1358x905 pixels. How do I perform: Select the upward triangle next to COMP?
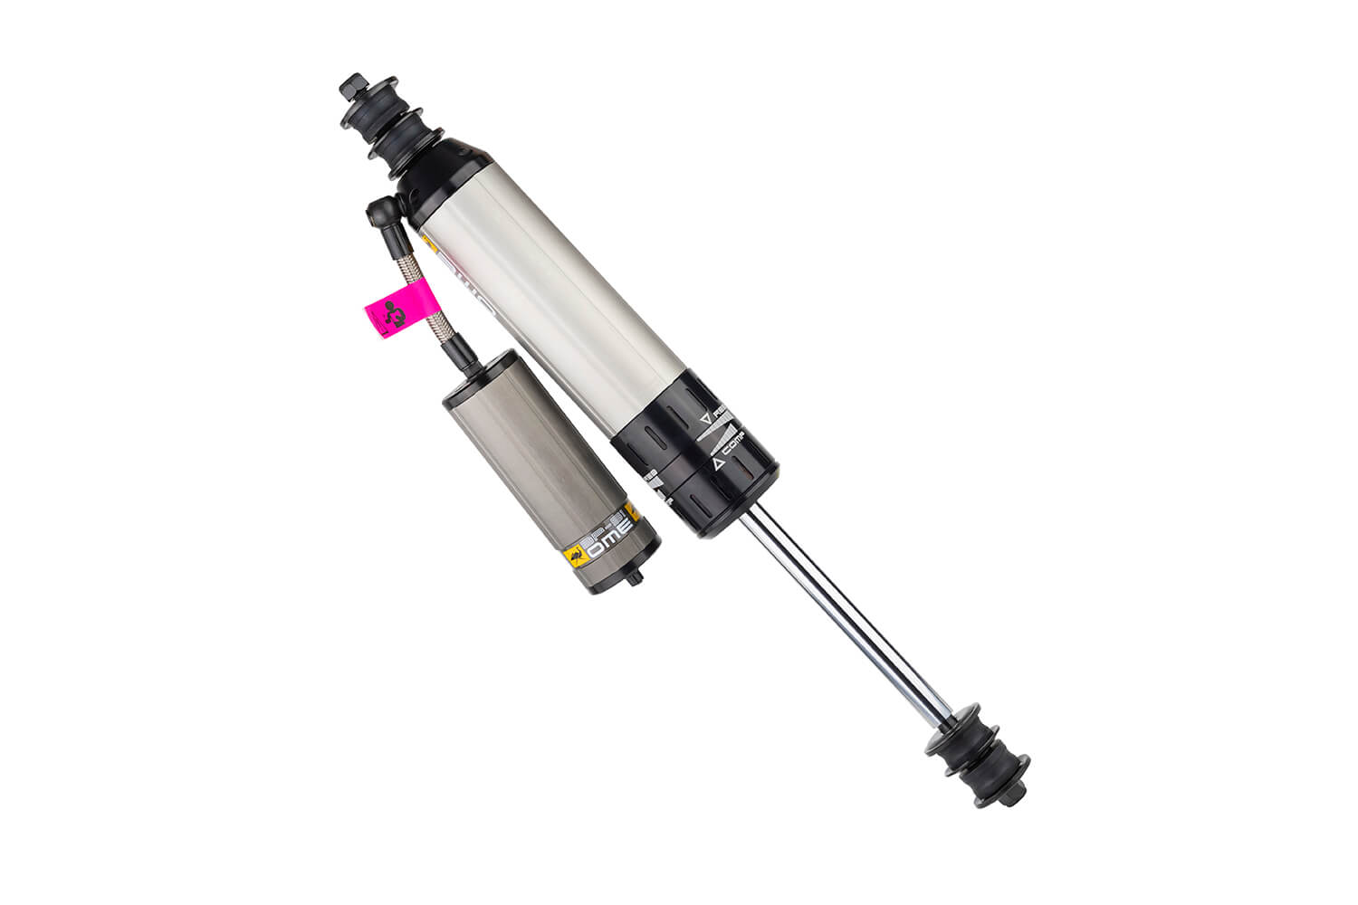coord(716,463)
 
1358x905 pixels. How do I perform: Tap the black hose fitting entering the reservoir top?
coord(464,357)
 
